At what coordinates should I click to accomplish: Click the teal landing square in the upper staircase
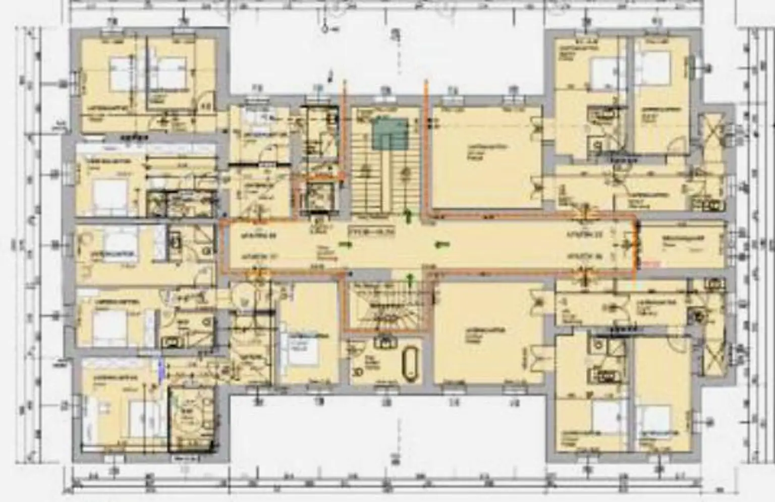tap(390, 134)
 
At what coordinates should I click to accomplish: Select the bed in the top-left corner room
tap(120, 73)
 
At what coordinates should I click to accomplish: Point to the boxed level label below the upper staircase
tap(371, 232)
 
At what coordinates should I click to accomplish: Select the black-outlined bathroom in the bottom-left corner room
tap(191, 418)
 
